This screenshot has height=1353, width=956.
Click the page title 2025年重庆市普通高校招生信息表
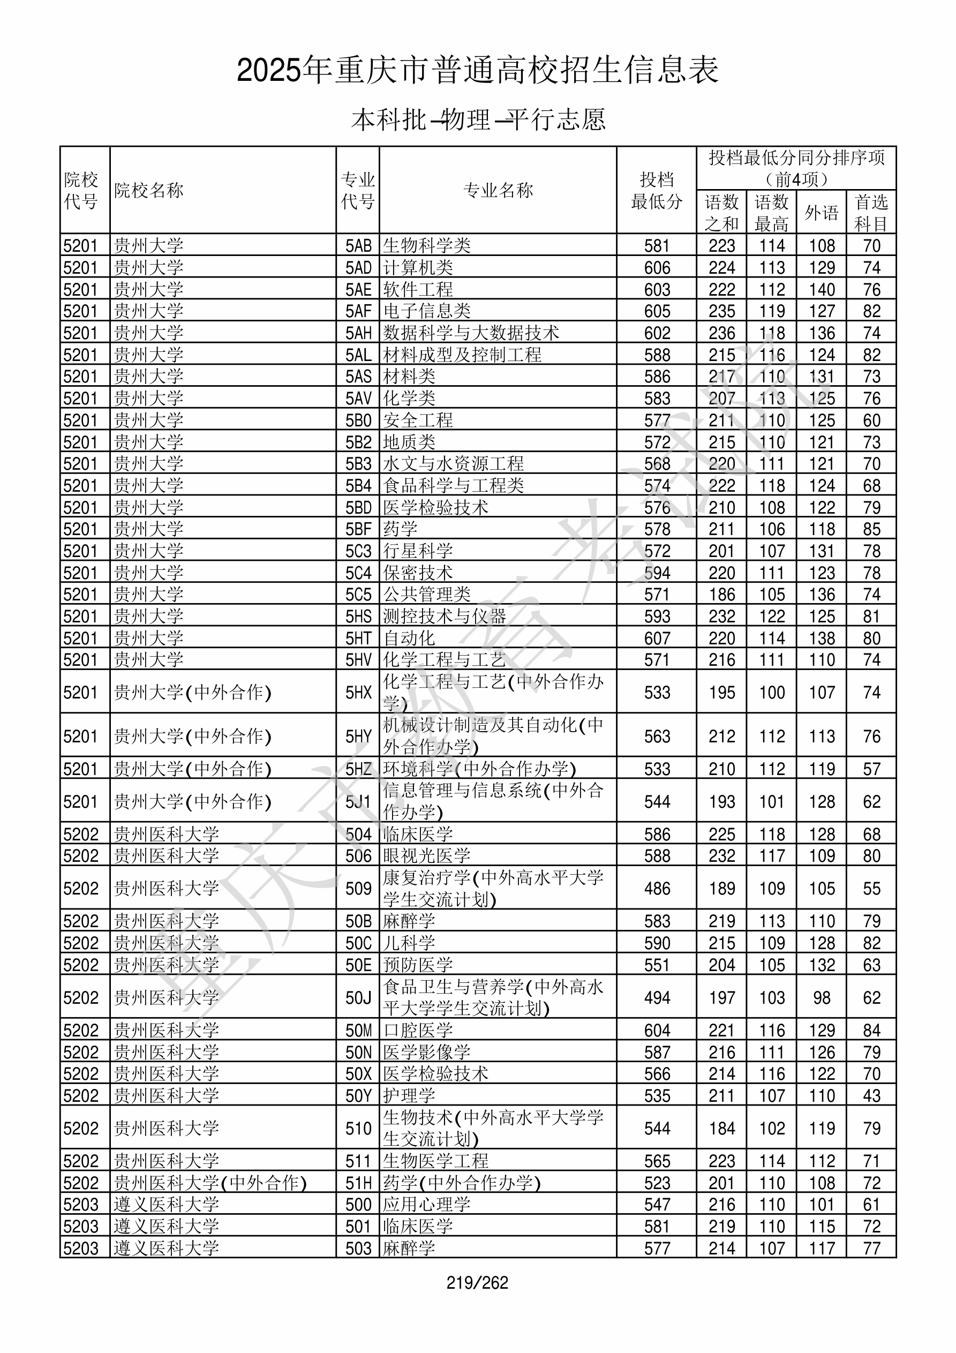click(477, 70)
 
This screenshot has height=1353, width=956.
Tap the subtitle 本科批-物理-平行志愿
click(478, 119)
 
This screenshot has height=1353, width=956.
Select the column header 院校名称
click(148, 190)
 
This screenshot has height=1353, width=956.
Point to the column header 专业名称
click(498, 190)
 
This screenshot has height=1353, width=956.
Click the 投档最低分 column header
click(657, 190)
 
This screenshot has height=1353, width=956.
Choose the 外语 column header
click(821, 213)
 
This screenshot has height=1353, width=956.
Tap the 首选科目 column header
click(871, 213)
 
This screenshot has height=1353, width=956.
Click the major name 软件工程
click(418, 289)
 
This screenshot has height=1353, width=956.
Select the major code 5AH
click(358, 333)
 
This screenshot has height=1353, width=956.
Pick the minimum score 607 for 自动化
click(657, 638)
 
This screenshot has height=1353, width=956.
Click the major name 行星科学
click(418, 551)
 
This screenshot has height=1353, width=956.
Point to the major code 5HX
click(358, 693)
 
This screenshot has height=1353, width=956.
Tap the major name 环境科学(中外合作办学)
click(479, 769)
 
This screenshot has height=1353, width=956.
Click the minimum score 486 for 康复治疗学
click(657, 889)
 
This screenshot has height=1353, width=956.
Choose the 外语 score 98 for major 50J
click(821, 998)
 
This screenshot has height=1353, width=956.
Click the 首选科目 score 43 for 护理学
click(871, 1096)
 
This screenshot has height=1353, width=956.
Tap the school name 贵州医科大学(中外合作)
click(210, 1183)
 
